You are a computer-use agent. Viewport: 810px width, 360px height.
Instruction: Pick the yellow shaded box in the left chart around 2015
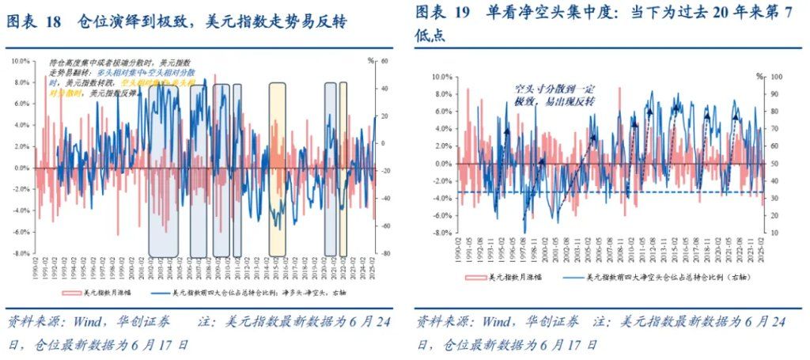(x=277, y=166)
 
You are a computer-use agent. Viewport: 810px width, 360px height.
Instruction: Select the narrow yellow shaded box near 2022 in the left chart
(x=343, y=166)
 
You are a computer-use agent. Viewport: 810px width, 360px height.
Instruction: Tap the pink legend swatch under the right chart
(x=476, y=278)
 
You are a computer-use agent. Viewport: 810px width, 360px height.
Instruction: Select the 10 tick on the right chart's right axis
(x=776, y=233)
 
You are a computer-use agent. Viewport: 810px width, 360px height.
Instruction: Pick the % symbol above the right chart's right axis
(x=758, y=76)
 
